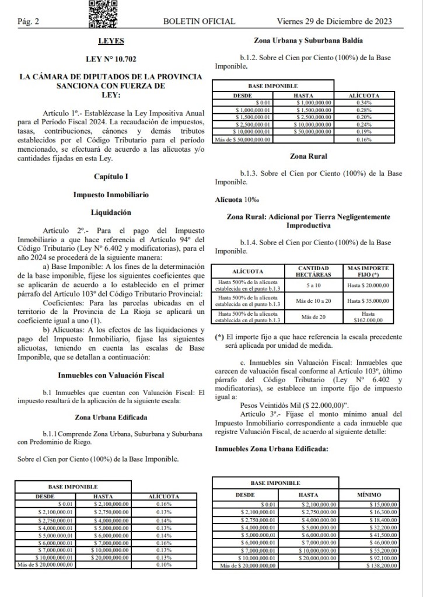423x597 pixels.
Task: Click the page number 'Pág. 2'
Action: click(x=28, y=22)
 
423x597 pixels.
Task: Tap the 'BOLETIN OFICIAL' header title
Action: click(x=200, y=22)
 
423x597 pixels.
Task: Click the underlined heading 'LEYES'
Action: click(x=111, y=41)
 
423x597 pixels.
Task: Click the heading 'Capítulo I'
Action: click(x=111, y=176)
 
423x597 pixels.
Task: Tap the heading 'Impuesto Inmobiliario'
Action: click(x=111, y=194)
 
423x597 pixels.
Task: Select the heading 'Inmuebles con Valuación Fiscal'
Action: click(x=111, y=375)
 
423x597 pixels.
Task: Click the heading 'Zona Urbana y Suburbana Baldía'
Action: click(x=309, y=41)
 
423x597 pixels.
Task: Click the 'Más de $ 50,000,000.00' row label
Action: click(x=244, y=139)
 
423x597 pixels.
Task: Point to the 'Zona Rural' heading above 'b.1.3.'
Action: click(x=309, y=156)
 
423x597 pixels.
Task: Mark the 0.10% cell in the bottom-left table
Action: click(x=164, y=564)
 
